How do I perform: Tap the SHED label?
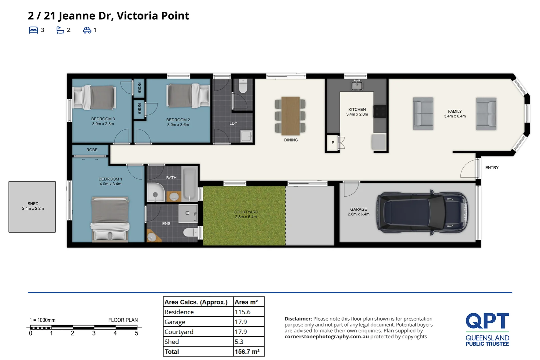(x=33, y=204)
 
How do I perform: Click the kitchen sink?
(x=356, y=85)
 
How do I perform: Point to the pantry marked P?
(x=333, y=143)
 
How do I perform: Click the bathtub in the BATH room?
(x=189, y=184)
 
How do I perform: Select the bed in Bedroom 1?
(x=110, y=218)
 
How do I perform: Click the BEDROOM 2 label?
(x=178, y=120)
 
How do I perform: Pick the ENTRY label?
(x=492, y=168)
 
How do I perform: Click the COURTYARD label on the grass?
(x=246, y=212)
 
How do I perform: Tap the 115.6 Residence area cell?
(x=243, y=312)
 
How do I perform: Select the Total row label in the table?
(x=172, y=352)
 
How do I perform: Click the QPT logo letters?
(x=487, y=321)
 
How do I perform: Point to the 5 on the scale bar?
(x=136, y=333)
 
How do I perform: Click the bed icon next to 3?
(x=33, y=30)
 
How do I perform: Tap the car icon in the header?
(x=87, y=30)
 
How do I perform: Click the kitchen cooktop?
(x=380, y=112)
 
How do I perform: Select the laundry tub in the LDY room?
(x=246, y=136)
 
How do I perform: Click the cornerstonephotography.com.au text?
(x=327, y=337)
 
